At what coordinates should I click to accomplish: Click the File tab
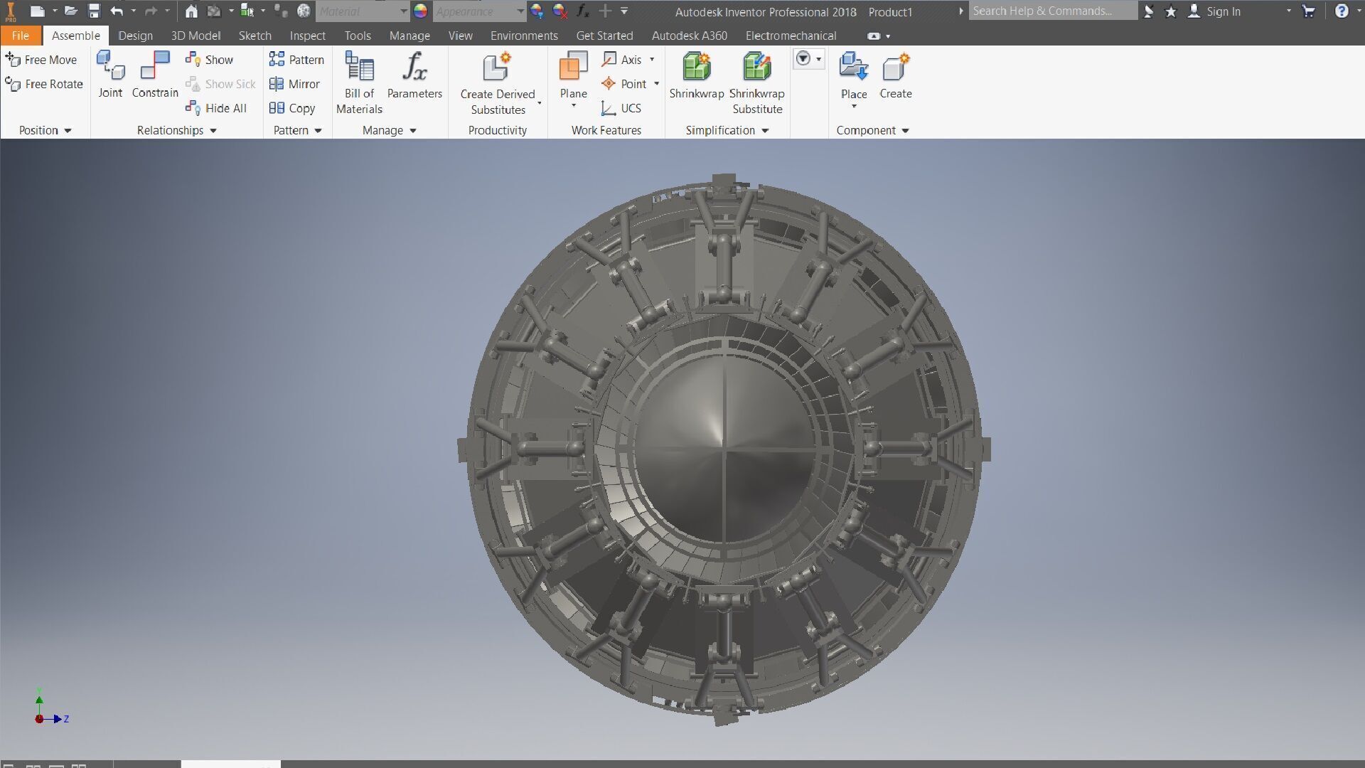[20, 36]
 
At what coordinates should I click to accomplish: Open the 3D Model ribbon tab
[196, 36]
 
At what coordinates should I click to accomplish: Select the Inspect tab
[307, 36]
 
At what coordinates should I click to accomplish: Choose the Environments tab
[524, 36]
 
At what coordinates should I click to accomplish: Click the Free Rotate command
[44, 84]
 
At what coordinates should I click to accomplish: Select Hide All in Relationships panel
[217, 108]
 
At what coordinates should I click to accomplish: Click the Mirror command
[295, 84]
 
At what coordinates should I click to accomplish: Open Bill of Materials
[359, 82]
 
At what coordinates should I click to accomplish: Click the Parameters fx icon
[414, 67]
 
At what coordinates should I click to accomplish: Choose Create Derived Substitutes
[498, 82]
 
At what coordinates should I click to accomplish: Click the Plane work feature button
[573, 75]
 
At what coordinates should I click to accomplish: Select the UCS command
[622, 108]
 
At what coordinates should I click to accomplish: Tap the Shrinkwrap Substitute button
[756, 82]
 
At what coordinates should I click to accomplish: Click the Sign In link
[1222, 11]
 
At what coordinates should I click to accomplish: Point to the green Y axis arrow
[39, 700]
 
